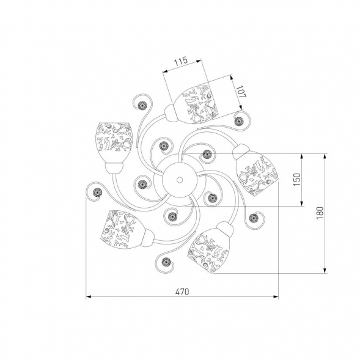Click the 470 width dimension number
click(182, 292)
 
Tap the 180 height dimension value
click(320, 213)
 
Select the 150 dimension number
click(297, 180)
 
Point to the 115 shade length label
click(181, 61)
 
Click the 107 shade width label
click(241, 92)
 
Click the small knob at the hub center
click(180, 180)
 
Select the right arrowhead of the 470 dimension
click(276, 297)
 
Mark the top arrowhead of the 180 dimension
click(325, 156)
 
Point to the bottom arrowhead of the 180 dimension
click(325, 271)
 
